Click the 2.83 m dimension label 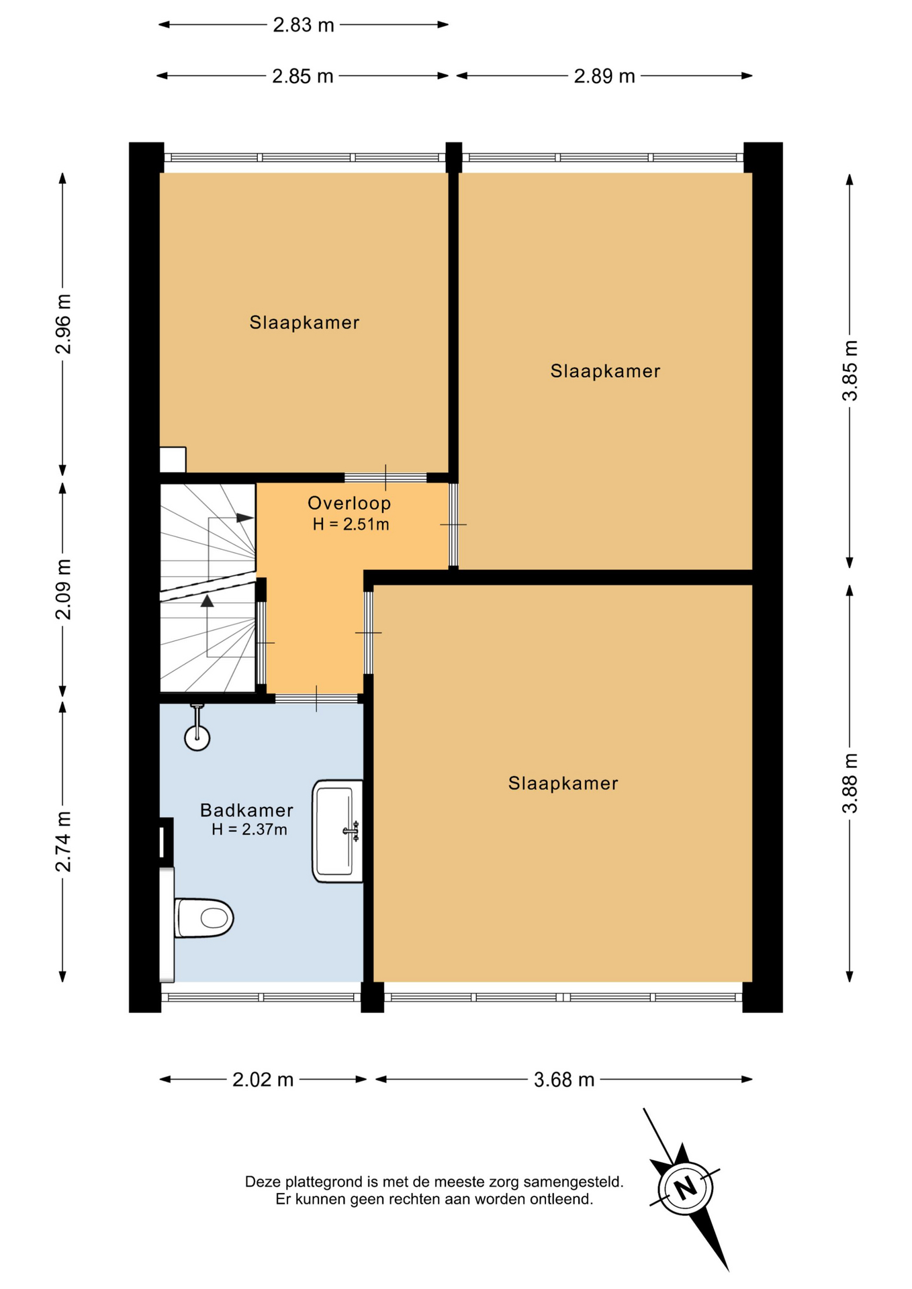coord(303,25)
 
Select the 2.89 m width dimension coord(604,76)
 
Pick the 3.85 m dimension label coord(850,371)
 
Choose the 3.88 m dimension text coord(850,783)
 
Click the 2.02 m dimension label coord(263,1080)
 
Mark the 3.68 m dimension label coord(564,1080)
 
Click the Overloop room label coord(349,503)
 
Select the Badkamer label coord(246,810)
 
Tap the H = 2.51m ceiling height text coord(351,524)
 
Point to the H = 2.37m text coord(249,830)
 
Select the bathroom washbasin coord(337,831)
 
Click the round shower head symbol coord(197,738)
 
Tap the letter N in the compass coord(686,1189)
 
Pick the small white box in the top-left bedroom coord(173,460)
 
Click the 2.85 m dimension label coord(302,76)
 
